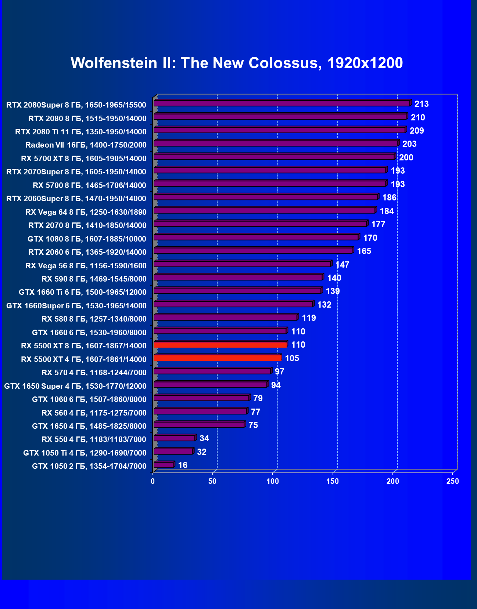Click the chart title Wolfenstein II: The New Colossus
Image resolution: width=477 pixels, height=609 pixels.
[237, 63]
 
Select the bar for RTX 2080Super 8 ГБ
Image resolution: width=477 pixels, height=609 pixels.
[282, 103]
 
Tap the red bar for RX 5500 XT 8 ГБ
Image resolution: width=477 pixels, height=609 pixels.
[220, 345]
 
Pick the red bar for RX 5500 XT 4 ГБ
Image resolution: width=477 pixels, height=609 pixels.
[218, 358]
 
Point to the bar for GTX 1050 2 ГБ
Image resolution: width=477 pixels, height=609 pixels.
[164, 465]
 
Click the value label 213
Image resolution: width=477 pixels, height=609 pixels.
[422, 104]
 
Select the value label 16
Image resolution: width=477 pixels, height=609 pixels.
[183, 465]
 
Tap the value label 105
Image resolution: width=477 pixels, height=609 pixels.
[292, 358]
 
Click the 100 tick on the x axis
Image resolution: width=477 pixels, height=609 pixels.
[273, 481]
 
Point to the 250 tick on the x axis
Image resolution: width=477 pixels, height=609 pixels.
[453, 481]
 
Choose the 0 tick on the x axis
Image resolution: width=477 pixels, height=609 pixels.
[153, 481]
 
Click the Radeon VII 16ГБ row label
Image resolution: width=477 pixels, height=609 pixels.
[86, 145]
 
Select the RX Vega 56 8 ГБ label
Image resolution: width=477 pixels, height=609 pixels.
[86, 266]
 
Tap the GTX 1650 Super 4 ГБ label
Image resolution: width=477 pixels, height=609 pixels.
[75, 386]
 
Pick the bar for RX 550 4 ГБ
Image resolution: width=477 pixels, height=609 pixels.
[175, 438]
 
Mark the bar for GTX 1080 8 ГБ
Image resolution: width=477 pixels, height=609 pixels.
[256, 237]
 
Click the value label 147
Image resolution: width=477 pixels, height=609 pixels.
[342, 265]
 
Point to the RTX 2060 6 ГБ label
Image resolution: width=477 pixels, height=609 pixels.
[87, 252]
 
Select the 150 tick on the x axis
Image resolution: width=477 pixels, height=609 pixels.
[333, 481]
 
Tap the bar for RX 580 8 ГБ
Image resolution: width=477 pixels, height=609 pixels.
[226, 318]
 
